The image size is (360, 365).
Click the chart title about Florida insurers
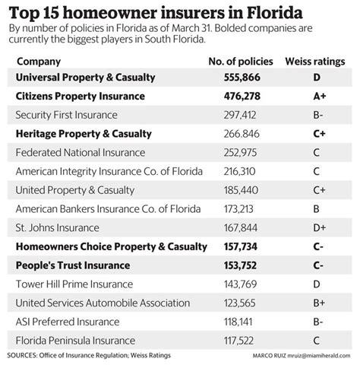point(153,12)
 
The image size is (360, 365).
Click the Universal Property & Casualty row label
point(87,78)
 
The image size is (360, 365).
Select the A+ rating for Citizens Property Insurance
point(315,97)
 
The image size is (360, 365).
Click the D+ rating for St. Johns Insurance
point(315,227)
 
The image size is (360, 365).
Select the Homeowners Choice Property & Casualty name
point(111,246)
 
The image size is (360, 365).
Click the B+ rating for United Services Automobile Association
point(315,303)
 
